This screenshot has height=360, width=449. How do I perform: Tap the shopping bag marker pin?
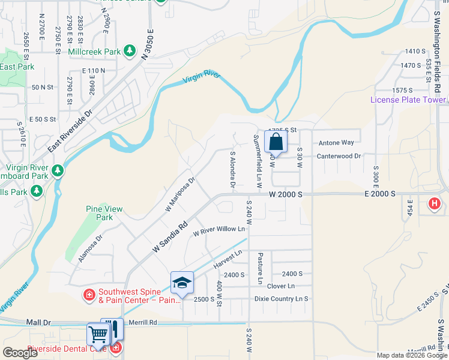click(x=276, y=143)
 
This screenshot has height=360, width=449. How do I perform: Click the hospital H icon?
click(x=435, y=205)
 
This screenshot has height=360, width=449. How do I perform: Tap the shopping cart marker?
click(x=97, y=334)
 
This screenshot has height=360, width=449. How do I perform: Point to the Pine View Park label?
click(x=104, y=213)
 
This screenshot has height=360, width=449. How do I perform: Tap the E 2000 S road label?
click(x=379, y=194)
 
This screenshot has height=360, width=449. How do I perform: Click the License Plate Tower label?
click(x=408, y=100)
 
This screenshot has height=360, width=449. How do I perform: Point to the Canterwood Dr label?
click(x=340, y=156)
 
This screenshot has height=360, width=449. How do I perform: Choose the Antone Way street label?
click(x=336, y=143)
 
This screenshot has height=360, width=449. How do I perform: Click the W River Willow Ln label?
click(x=219, y=229)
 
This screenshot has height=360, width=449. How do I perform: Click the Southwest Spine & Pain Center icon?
click(x=89, y=295)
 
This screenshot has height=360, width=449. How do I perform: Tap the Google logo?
click(x=20, y=353)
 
